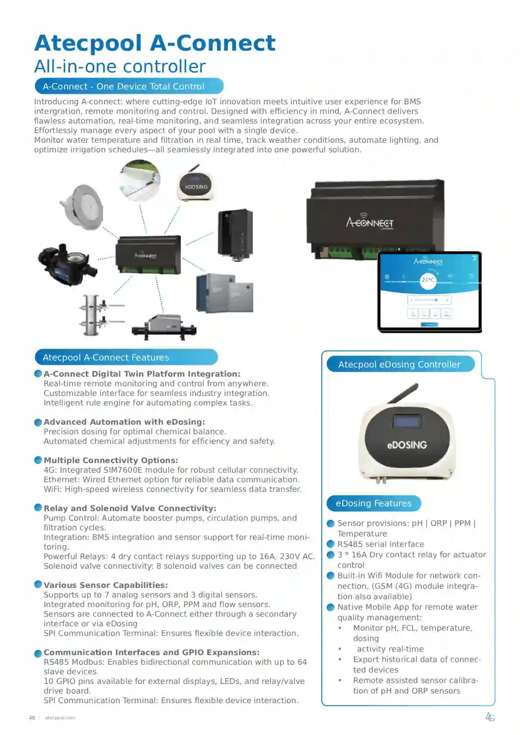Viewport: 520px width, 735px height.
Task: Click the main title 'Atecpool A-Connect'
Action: pos(155,43)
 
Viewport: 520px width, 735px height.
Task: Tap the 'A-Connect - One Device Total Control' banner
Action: pos(129,86)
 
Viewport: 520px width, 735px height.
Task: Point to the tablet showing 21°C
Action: pos(429,292)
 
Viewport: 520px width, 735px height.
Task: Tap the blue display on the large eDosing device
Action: pos(406,421)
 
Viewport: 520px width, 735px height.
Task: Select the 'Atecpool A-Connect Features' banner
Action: pos(126,357)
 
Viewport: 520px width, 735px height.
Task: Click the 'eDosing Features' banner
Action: pos(374,503)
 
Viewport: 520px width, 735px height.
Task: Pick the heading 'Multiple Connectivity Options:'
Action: pos(111,460)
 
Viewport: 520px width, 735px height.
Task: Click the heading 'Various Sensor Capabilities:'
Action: pos(106,585)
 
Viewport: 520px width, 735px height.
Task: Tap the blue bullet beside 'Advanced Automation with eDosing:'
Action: pos(38,422)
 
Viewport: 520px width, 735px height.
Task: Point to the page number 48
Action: pos(32,718)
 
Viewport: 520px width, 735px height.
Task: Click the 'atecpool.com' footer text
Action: pos(60,718)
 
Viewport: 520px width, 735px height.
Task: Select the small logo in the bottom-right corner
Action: pos(490,717)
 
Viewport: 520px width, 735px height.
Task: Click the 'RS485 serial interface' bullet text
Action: pos(381,544)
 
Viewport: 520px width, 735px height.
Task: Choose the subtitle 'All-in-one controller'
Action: pos(120,67)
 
